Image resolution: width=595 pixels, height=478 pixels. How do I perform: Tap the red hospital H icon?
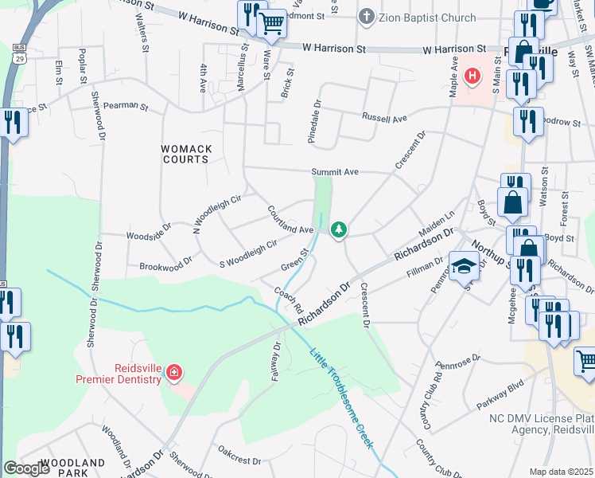(x=472, y=76)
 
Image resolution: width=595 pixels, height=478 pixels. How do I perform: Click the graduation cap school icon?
(x=461, y=266)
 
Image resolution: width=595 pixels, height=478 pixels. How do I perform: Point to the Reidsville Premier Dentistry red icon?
(x=174, y=372)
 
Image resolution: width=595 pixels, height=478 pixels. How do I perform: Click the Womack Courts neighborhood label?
(x=185, y=154)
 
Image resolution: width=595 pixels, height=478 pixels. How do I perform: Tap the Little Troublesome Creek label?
(x=341, y=400)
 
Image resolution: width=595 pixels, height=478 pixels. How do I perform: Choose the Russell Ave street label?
(x=384, y=118)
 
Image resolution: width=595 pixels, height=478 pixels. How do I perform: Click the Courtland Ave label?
(x=290, y=221)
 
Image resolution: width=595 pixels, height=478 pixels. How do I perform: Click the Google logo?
(x=28, y=468)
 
